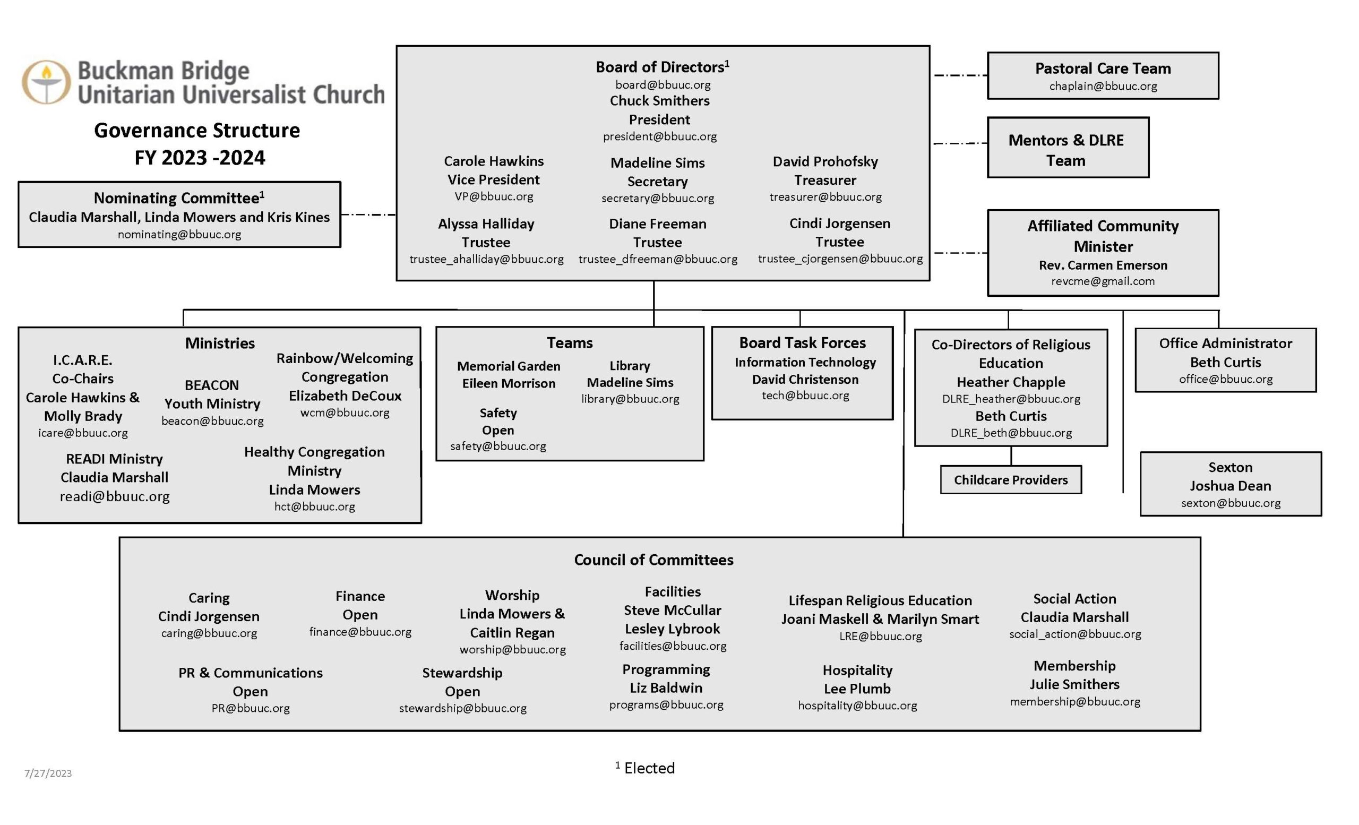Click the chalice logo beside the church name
(x=46, y=82)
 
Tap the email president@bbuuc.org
(x=660, y=136)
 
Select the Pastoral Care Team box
(x=1103, y=75)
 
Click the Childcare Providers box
(x=1010, y=479)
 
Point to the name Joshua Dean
(x=1230, y=485)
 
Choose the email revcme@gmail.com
(x=1103, y=281)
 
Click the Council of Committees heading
(x=653, y=560)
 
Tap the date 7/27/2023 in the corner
(x=48, y=773)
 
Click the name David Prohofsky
(x=825, y=161)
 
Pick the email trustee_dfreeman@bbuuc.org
(x=657, y=259)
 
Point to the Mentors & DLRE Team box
(x=1068, y=147)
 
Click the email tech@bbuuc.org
(x=805, y=395)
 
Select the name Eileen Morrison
(x=509, y=383)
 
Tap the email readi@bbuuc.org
(x=115, y=496)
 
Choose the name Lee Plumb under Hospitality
(x=857, y=688)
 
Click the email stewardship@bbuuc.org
(x=463, y=708)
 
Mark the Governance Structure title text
(x=197, y=130)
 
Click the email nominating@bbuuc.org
(x=179, y=234)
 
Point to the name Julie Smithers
(x=1074, y=684)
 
